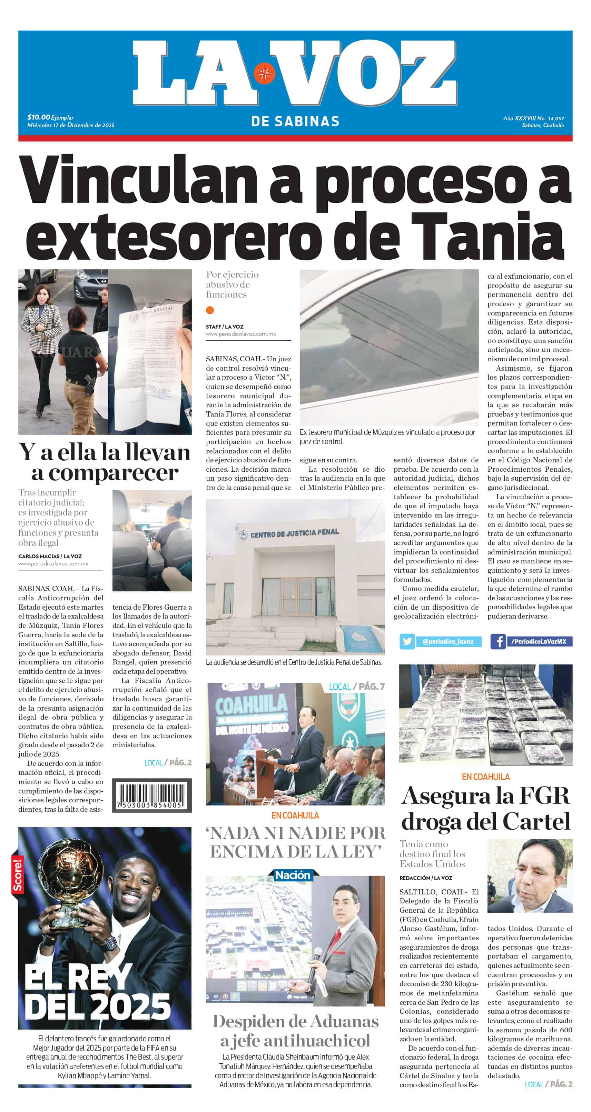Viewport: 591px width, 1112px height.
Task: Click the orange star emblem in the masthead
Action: (264, 73)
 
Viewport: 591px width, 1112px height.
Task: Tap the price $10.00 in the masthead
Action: (38, 117)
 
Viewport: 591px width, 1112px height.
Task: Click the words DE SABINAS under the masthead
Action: (295, 122)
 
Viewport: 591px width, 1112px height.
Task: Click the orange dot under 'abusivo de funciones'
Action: (210, 310)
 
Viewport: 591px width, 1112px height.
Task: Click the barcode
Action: (152, 795)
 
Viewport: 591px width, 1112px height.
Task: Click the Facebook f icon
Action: (498, 641)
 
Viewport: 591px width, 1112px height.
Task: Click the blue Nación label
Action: (293, 875)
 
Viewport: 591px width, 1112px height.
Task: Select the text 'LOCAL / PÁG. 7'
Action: (356, 687)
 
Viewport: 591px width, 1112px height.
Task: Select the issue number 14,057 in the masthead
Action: (556, 118)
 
